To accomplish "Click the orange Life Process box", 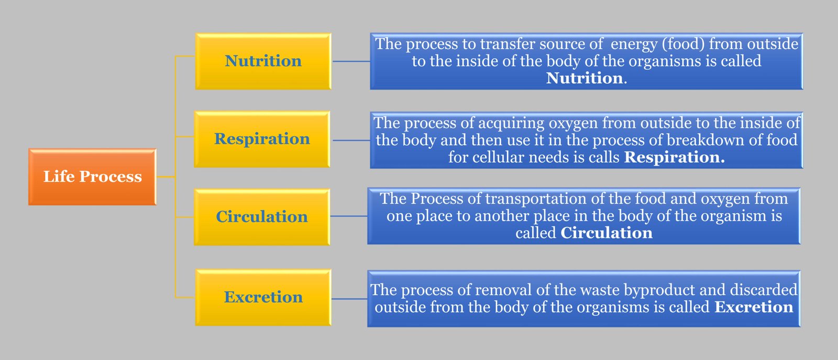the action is [92, 177].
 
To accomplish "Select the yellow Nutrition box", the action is [263, 61].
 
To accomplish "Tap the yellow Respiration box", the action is [262, 139].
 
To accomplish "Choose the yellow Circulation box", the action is [262, 217].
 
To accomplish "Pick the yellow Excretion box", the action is [263, 298].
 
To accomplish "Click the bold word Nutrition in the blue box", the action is [585, 78].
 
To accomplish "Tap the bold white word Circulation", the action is [607, 233].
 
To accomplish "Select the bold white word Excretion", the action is [754, 307].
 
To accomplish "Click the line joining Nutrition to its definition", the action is [351, 61].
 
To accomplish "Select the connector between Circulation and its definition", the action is [349, 216].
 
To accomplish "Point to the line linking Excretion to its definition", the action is [349, 299].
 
